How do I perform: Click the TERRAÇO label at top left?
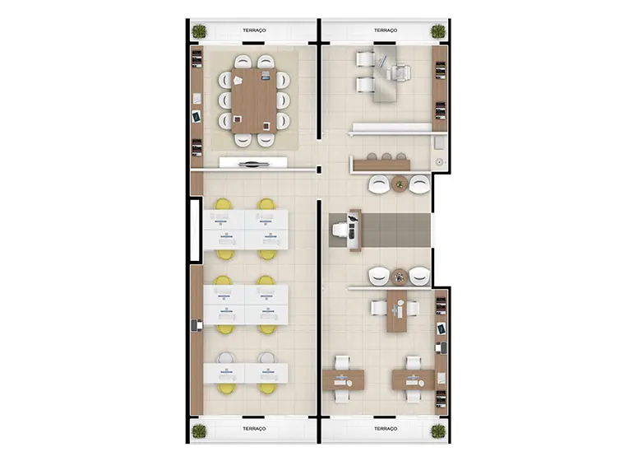[254, 30]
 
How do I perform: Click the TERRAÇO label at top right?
[386, 30]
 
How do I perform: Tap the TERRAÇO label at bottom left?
[254, 429]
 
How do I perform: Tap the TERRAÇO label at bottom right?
[386, 429]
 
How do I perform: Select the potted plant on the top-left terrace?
[199, 31]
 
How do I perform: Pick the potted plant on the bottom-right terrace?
[438, 431]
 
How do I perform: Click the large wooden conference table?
[254, 100]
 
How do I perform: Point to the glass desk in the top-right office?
[385, 73]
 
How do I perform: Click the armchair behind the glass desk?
[399, 73]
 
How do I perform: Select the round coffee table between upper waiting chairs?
[400, 184]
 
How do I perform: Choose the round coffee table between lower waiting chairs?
[400, 277]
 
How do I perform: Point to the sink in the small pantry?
[439, 162]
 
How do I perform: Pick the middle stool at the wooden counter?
[386, 156]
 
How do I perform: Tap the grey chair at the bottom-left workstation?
[225, 358]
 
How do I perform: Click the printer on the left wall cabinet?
[197, 325]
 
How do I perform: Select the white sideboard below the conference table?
[253, 162]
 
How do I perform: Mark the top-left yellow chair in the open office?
[224, 204]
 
